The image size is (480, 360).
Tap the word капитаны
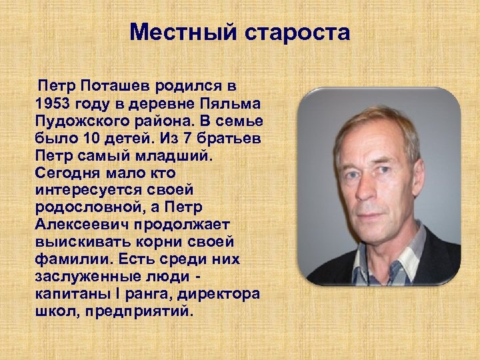point(65,294)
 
